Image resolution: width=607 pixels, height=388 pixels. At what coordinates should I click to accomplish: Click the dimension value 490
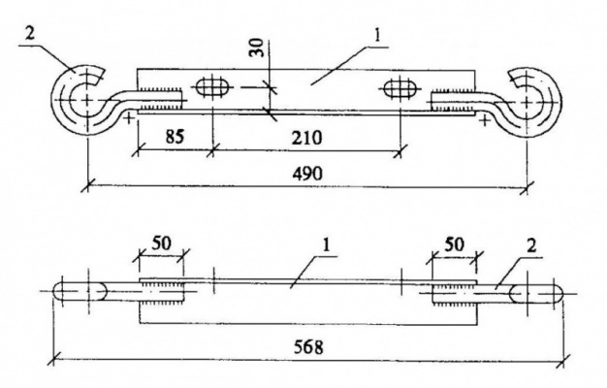tap(307, 174)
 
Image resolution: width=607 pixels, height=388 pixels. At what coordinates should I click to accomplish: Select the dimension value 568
tap(307, 347)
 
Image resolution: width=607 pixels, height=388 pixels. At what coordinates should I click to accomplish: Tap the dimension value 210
tap(306, 138)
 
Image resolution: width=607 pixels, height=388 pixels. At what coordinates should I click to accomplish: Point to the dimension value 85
tap(175, 137)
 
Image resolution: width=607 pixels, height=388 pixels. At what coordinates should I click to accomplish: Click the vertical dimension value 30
tap(256, 48)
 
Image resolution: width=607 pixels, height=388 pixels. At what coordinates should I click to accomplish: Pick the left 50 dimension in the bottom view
tap(161, 243)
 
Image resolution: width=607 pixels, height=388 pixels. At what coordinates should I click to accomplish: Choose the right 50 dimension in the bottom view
tap(454, 244)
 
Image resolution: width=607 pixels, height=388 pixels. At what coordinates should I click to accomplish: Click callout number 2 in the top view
tap(30, 34)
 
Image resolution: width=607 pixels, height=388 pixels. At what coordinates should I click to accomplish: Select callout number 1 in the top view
tap(377, 37)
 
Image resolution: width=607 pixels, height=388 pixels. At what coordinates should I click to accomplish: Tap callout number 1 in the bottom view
tap(327, 245)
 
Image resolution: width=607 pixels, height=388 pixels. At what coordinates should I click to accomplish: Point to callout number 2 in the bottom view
tap(532, 245)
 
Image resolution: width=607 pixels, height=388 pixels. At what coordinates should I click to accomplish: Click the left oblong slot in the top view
tap(211, 86)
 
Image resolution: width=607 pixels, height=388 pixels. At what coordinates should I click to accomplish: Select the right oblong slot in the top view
tap(400, 87)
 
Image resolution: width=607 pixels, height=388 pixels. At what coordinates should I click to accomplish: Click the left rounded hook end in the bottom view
tap(80, 291)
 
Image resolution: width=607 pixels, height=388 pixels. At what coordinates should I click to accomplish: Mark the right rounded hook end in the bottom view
tap(536, 293)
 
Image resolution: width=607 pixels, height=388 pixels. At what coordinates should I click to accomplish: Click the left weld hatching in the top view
tap(159, 100)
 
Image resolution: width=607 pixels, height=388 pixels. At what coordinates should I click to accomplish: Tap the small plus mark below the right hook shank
tap(484, 120)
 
